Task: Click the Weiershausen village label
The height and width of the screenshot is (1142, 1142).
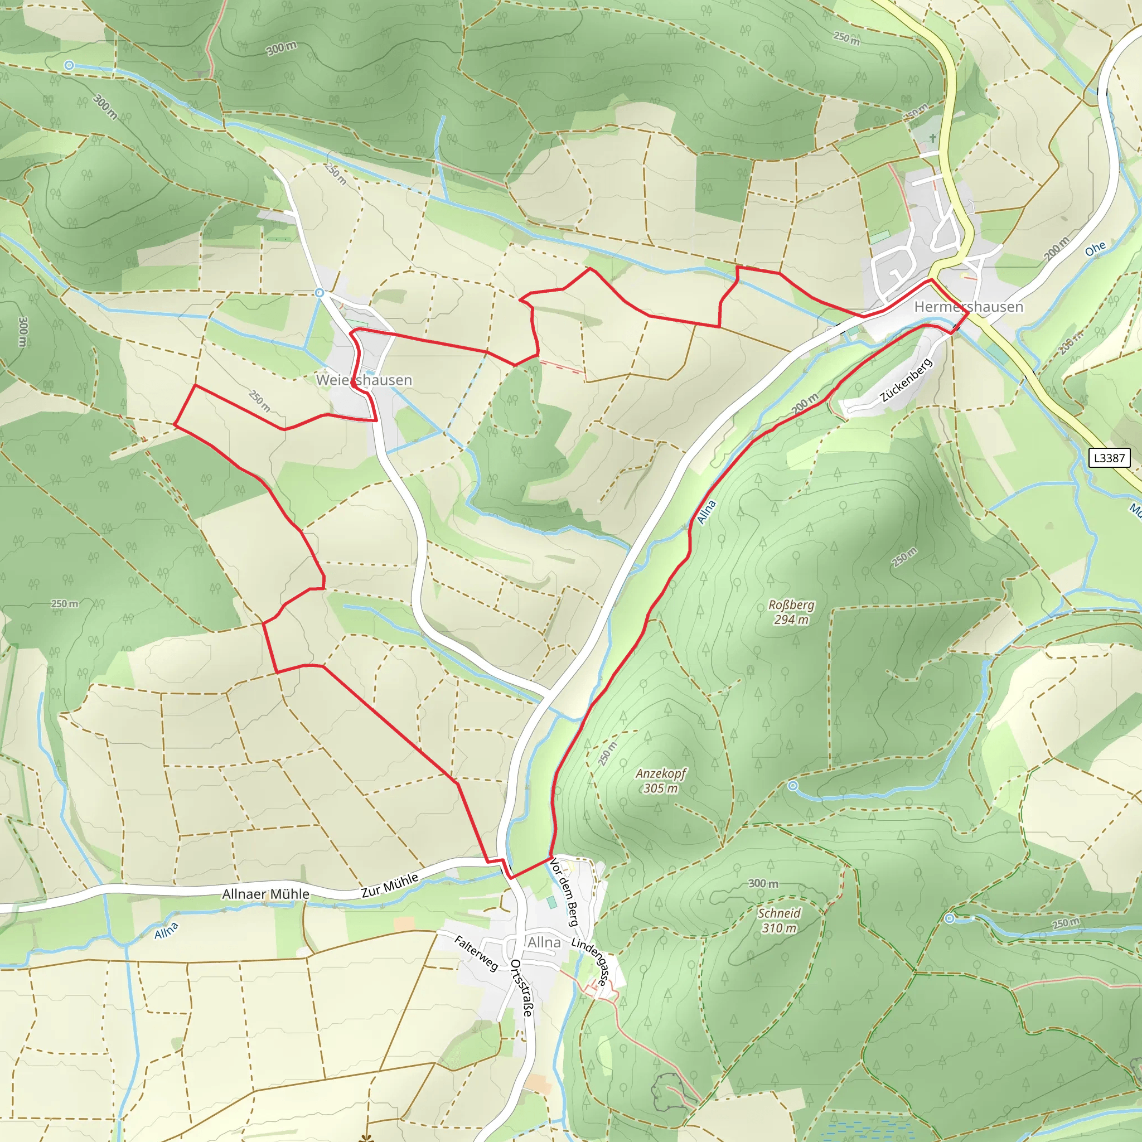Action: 364,380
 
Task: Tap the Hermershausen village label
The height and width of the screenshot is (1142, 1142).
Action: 969,307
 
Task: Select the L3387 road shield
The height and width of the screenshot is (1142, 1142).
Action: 1109,457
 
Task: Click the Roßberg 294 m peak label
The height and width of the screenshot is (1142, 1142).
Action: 791,612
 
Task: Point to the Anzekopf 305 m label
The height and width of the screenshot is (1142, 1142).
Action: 661,781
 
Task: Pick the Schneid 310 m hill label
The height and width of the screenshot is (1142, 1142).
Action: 779,920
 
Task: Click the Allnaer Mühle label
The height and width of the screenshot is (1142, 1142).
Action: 265,894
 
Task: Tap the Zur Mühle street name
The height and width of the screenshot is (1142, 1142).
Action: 390,886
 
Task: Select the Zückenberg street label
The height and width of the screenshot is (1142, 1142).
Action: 906,380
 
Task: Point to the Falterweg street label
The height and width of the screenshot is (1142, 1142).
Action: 476,954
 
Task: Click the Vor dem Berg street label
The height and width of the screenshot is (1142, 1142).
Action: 564,892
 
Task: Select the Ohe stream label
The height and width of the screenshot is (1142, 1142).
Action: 1095,249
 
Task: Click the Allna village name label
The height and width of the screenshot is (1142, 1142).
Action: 544,942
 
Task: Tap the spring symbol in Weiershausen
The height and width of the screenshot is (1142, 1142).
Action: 320,293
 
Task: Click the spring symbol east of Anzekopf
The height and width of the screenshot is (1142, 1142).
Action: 793,786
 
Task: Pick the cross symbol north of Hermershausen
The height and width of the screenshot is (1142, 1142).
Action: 933,138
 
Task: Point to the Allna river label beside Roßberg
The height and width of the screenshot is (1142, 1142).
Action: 707,512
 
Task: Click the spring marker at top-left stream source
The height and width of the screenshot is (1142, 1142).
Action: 69,66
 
